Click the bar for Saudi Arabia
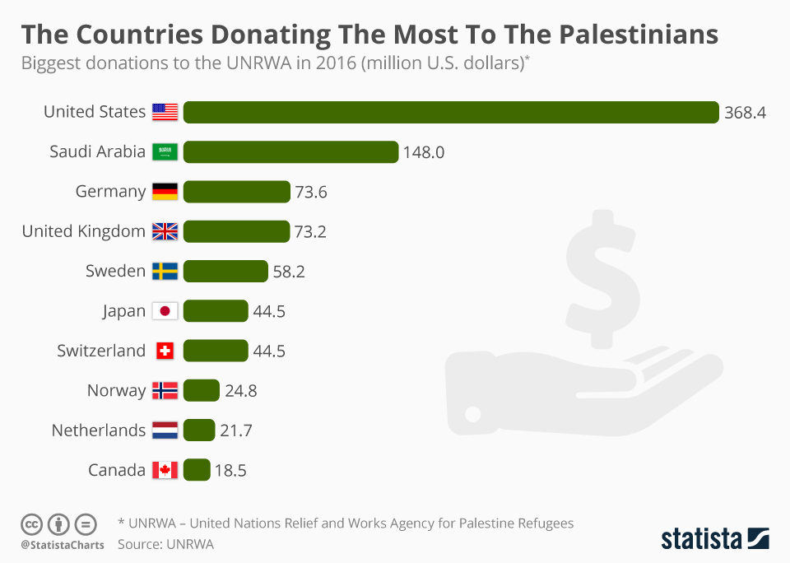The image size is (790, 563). click(290, 151)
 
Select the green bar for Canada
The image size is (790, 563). click(197, 470)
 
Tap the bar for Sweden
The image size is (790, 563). click(225, 271)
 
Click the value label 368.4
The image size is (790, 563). click(745, 113)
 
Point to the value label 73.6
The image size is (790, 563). click(311, 192)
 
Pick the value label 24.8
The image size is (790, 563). click(241, 391)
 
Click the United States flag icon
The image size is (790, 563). click(165, 112)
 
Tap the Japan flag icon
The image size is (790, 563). click(165, 311)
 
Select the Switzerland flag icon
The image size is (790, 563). click(165, 351)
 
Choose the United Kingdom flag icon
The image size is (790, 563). click(165, 231)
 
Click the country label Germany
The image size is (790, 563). click(110, 191)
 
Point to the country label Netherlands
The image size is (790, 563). click(98, 430)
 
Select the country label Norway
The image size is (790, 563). click(116, 390)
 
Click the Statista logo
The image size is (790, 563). click(714, 539)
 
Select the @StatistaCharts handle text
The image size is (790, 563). click(63, 545)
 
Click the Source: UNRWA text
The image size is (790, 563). click(165, 544)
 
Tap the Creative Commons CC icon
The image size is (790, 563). click(31, 523)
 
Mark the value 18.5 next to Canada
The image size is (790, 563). click(230, 471)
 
